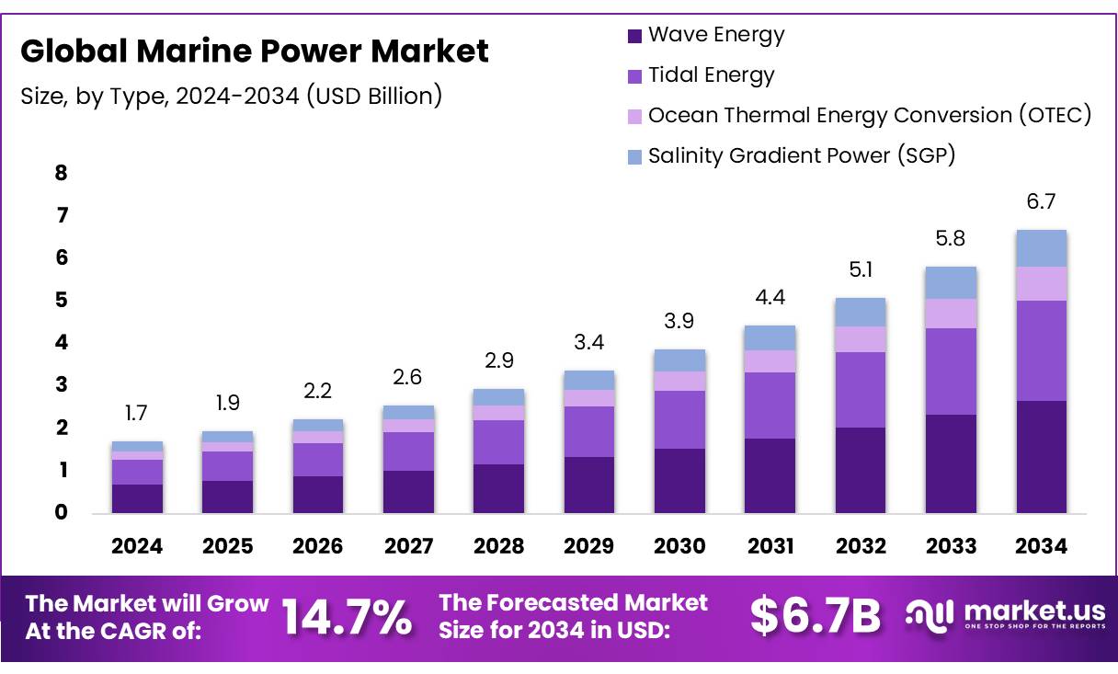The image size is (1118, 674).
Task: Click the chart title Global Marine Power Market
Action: click(x=255, y=51)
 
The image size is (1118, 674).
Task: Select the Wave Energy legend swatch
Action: click(x=634, y=37)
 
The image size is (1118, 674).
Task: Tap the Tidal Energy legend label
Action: click(x=711, y=75)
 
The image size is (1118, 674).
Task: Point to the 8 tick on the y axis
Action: click(x=62, y=174)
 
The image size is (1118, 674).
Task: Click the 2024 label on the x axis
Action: click(x=137, y=546)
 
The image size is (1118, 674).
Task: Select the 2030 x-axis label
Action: click(x=679, y=546)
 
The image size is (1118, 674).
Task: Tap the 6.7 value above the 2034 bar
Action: click(x=1042, y=202)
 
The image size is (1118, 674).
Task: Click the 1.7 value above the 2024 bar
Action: click(x=137, y=414)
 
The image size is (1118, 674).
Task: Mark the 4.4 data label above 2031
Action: click(x=770, y=298)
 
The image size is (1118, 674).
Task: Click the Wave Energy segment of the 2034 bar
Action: click(x=1042, y=457)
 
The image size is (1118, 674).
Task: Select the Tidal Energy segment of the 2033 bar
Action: click(x=952, y=371)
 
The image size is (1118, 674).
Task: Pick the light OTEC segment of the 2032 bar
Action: click(x=861, y=339)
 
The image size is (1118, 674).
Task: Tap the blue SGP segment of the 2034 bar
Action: click(x=1042, y=248)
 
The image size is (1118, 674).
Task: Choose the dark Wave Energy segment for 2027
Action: click(x=409, y=492)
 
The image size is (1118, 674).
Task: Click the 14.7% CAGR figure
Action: click(x=347, y=617)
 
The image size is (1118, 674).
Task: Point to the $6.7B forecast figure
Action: click(x=816, y=617)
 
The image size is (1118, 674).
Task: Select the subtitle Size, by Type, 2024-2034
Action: click(x=231, y=96)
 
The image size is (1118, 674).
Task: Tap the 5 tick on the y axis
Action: click(x=62, y=301)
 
